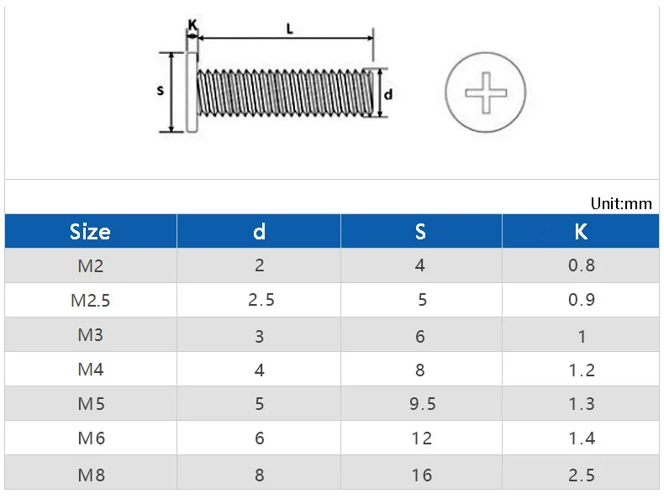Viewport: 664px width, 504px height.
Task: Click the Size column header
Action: [x=90, y=232]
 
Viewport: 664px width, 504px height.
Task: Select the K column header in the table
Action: [x=581, y=232]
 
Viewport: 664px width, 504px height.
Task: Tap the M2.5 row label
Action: [x=90, y=301]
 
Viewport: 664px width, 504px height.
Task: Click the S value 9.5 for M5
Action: [x=422, y=404]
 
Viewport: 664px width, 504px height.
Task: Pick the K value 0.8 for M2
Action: [x=582, y=265]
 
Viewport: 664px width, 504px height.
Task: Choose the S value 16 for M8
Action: [x=422, y=475]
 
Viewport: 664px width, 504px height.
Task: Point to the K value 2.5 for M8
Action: [x=582, y=475]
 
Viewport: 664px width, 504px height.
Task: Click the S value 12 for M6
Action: [x=422, y=438]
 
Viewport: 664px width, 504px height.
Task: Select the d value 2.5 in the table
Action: [x=261, y=300]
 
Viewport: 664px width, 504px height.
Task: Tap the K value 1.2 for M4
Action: [x=582, y=370]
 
